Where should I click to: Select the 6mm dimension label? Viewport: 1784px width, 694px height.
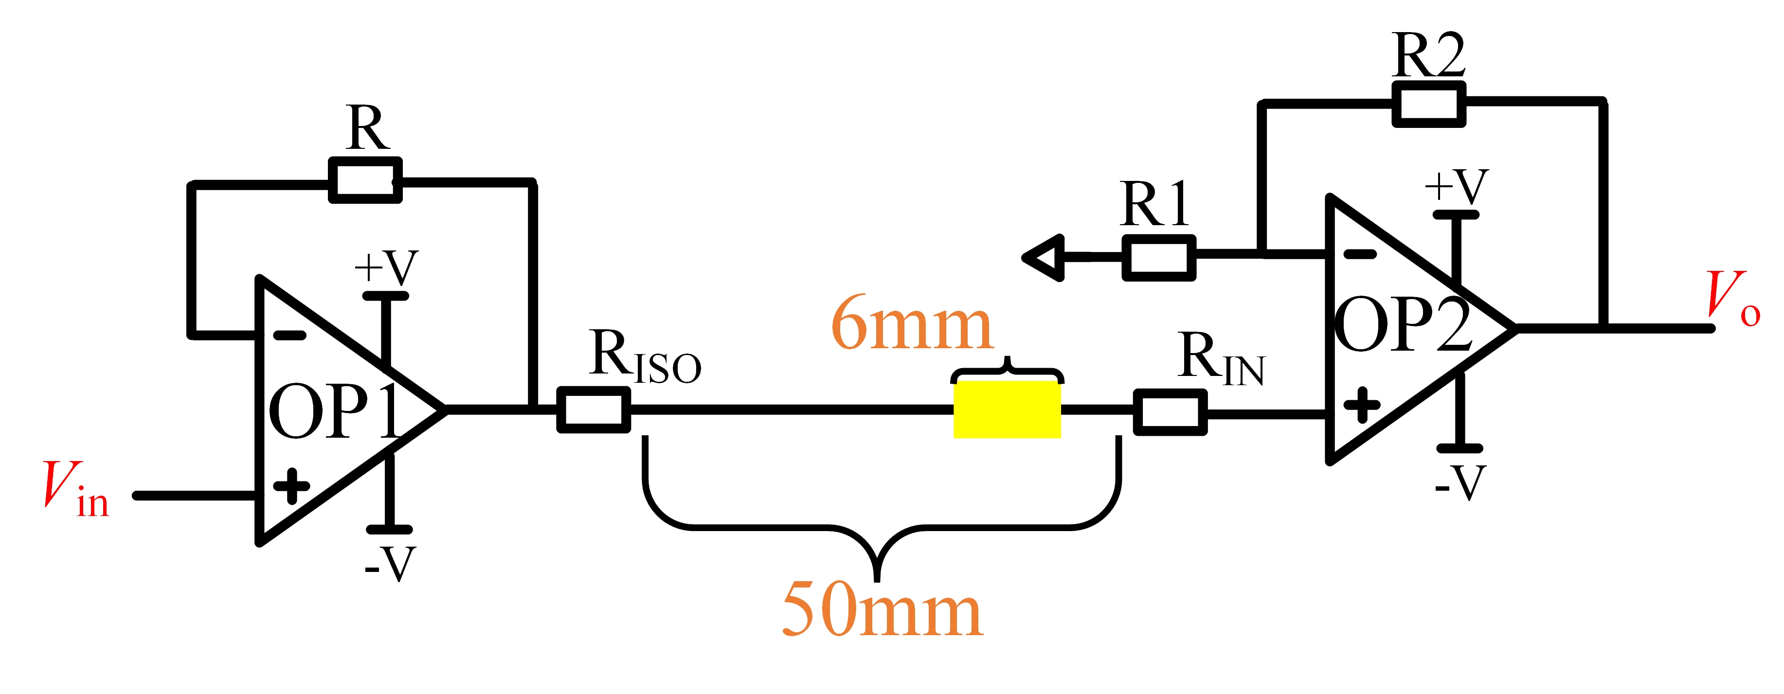912,323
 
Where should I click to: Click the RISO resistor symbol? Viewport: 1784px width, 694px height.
594,410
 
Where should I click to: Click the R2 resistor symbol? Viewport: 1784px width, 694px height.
1429,105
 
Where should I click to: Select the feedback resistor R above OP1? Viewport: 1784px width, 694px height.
365,180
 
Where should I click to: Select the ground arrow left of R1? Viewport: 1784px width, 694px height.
1043,258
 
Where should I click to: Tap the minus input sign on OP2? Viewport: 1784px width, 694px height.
1359,254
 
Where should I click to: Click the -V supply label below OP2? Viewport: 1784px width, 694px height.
1460,483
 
